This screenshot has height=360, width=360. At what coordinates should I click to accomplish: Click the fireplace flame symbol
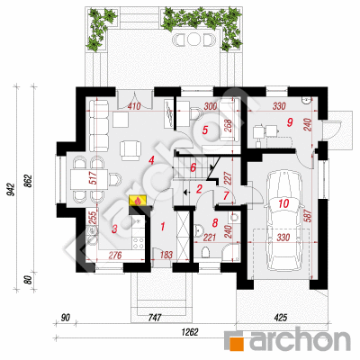pos(138,201)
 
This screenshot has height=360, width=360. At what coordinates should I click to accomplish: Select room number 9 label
pos(289,121)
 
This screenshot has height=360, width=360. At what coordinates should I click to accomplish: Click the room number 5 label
pos(205,130)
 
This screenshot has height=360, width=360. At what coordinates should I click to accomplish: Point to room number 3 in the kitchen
pos(114,229)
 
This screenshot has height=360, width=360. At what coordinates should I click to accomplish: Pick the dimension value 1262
pos(190,332)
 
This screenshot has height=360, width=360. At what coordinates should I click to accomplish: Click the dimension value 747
pos(155,318)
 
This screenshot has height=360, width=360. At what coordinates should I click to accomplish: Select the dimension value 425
pos(280,318)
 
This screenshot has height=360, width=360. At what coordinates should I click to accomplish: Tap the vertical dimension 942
pos(12,190)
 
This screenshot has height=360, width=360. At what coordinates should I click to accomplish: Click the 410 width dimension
pos(134,106)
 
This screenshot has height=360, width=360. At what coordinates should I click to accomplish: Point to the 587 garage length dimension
pos(309,215)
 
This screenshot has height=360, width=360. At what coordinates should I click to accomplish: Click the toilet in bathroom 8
pos(206,252)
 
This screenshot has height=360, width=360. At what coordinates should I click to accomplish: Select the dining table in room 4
pos(89,179)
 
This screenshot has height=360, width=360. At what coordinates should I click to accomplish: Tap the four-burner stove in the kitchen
pos(139,243)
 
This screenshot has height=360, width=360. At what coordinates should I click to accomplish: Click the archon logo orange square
pos(236,342)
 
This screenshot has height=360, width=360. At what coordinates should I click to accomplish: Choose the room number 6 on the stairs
pos(193,167)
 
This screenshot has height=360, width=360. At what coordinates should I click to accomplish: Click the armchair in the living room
pos(130,149)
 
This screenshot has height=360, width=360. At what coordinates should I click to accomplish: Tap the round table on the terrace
pos(193,39)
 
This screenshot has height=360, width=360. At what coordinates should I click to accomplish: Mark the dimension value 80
pos(27,281)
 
